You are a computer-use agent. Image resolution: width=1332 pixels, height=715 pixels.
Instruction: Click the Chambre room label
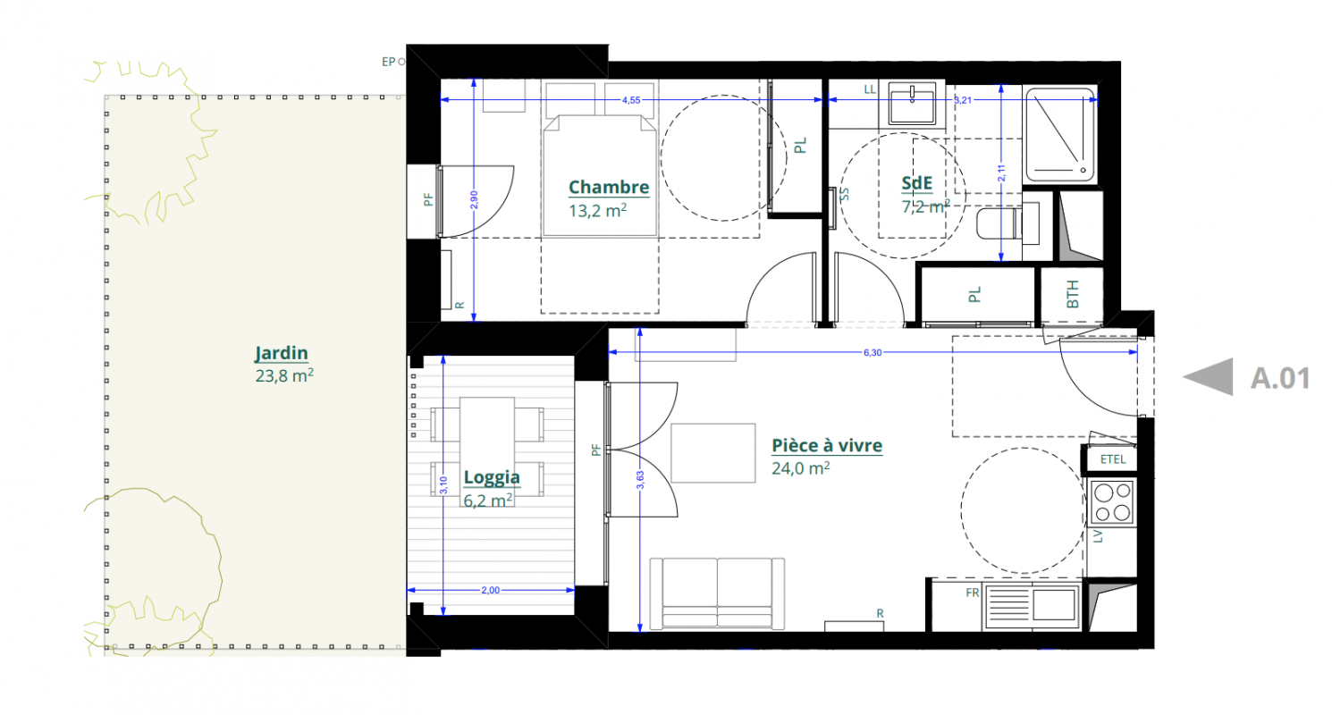[609, 187]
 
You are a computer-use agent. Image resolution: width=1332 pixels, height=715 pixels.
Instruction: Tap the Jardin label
[282, 353]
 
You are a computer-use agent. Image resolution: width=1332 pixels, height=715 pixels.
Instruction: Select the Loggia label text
[492, 477]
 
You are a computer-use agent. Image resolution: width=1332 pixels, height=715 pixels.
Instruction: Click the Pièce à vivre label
[827, 445]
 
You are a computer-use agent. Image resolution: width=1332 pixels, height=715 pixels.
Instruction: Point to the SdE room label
[916, 183]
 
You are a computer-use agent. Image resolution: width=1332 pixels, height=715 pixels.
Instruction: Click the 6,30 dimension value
[873, 352]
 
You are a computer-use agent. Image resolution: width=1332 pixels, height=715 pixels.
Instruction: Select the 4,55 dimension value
[631, 100]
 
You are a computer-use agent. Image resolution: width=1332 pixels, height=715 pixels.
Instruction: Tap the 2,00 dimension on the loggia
[491, 590]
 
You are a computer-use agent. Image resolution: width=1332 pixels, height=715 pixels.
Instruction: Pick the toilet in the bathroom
[1007, 223]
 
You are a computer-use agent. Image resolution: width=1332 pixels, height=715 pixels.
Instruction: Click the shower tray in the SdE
[1060, 134]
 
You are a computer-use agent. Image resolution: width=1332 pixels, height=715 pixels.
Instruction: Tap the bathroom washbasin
[912, 104]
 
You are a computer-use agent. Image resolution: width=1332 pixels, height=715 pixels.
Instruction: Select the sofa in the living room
[717, 593]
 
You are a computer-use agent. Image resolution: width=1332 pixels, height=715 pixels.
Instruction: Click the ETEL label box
[1112, 459]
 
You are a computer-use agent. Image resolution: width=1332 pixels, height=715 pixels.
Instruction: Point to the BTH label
[1072, 294]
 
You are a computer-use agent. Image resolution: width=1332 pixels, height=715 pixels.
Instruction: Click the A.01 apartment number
[1280, 378]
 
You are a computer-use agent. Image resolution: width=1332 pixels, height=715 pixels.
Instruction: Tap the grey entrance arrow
[1208, 377]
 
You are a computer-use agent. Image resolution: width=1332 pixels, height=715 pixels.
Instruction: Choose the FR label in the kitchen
[973, 593]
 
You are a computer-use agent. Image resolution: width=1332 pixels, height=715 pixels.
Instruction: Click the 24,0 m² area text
[800, 468]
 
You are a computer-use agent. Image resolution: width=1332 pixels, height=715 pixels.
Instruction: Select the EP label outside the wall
[388, 62]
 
